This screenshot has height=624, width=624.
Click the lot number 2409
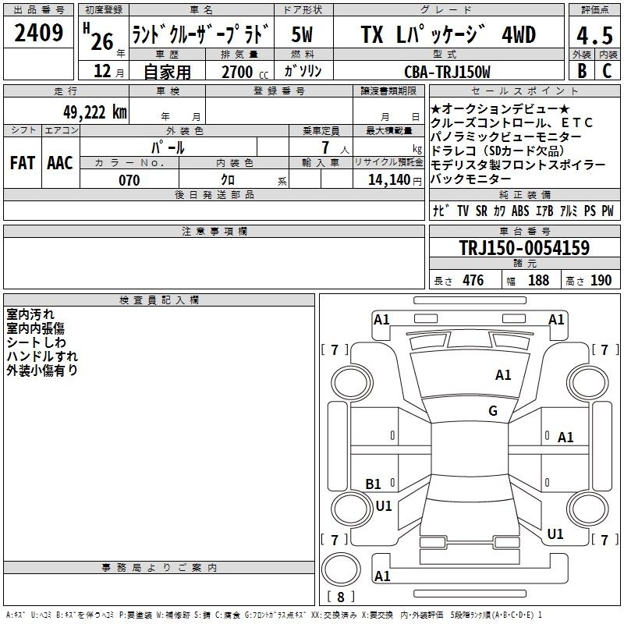(38, 33)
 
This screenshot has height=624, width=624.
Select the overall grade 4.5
(594, 35)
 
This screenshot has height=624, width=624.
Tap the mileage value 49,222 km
(94, 112)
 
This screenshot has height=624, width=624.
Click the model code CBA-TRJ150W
(447, 72)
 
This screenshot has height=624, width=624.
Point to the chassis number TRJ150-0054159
(524, 247)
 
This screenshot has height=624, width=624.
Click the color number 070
(129, 180)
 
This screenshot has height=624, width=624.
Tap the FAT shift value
(23, 163)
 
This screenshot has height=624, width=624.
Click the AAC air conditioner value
(60, 163)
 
